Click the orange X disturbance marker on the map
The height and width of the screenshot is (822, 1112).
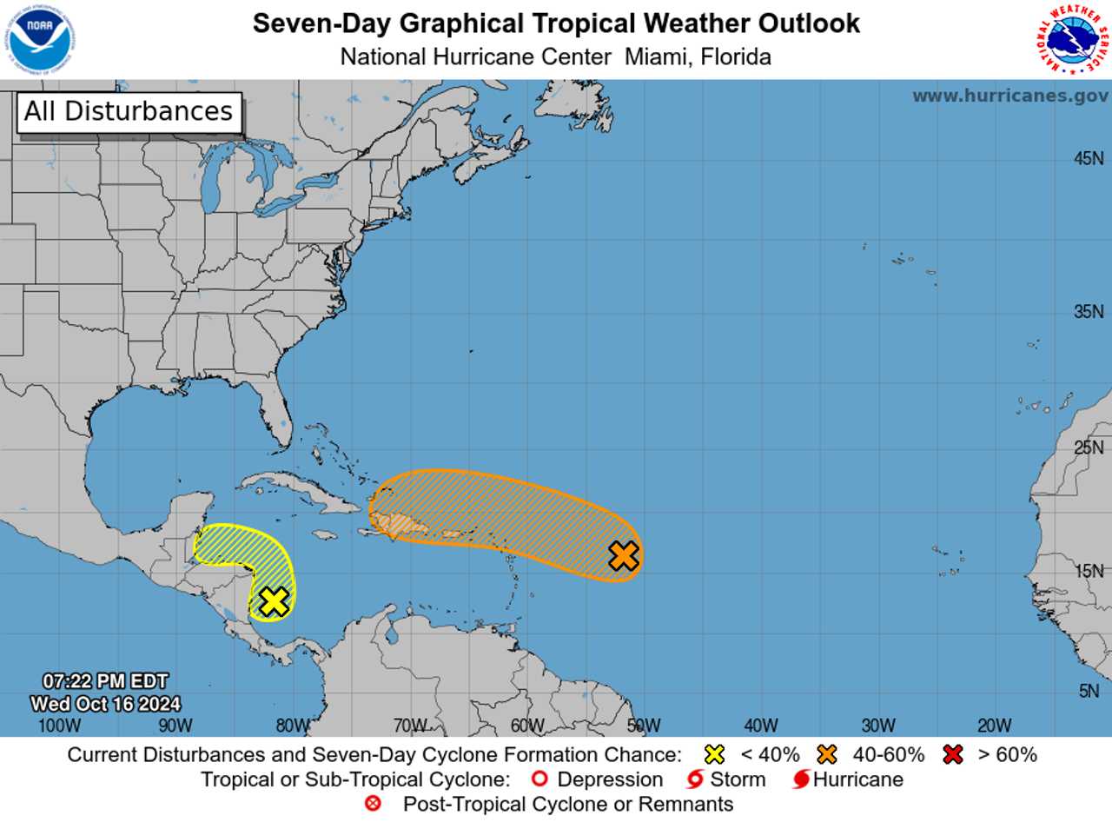[624, 555]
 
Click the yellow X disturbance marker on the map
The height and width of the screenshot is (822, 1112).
[274, 600]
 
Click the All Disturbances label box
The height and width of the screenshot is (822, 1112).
[129, 112]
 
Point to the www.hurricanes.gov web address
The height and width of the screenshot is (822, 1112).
[1009, 96]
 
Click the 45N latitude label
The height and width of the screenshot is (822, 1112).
[1089, 159]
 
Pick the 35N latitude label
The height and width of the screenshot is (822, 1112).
[1089, 312]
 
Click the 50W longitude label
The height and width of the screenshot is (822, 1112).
[643, 726]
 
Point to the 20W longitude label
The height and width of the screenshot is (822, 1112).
[994, 726]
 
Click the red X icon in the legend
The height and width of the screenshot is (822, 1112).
[953, 754]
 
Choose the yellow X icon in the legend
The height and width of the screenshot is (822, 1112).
[715, 754]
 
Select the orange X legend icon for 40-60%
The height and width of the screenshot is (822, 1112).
[827, 754]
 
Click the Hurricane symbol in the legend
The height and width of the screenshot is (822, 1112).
[801, 779]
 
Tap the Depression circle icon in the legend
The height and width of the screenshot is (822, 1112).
[538, 779]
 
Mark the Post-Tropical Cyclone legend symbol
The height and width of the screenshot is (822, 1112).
[374, 804]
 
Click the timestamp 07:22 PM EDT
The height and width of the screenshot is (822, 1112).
[106, 681]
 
